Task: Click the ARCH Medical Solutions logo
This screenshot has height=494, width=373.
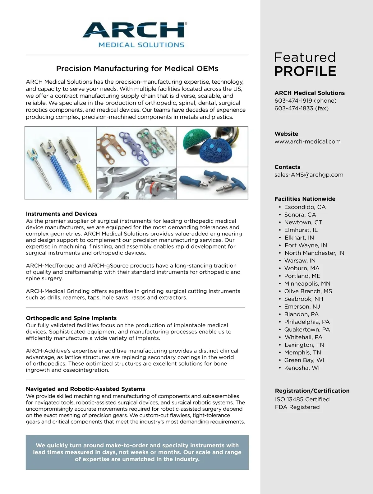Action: (x=134, y=34)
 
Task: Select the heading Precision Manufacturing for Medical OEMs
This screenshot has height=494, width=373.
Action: (x=137, y=68)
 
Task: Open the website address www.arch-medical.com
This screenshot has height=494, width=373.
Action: (x=307, y=142)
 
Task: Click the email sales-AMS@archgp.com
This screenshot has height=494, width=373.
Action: (x=309, y=175)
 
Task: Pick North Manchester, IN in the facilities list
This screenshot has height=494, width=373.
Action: (x=314, y=253)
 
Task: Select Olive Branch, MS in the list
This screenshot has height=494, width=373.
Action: (x=308, y=291)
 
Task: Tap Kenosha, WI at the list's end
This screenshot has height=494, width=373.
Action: (x=302, y=368)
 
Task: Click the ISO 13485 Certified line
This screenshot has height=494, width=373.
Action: (x=302, y=399)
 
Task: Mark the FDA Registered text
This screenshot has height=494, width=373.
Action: (x=297, y=407)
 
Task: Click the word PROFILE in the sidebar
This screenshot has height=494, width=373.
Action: (x=305, y=71)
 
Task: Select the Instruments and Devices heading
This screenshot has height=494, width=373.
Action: (x=62, y=214)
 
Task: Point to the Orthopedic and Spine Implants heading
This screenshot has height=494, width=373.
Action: (x=71, y=318)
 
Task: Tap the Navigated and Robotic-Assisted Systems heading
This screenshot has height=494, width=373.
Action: (x=85, y=389)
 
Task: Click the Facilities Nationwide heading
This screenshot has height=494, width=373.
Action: (x=305, y=199)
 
